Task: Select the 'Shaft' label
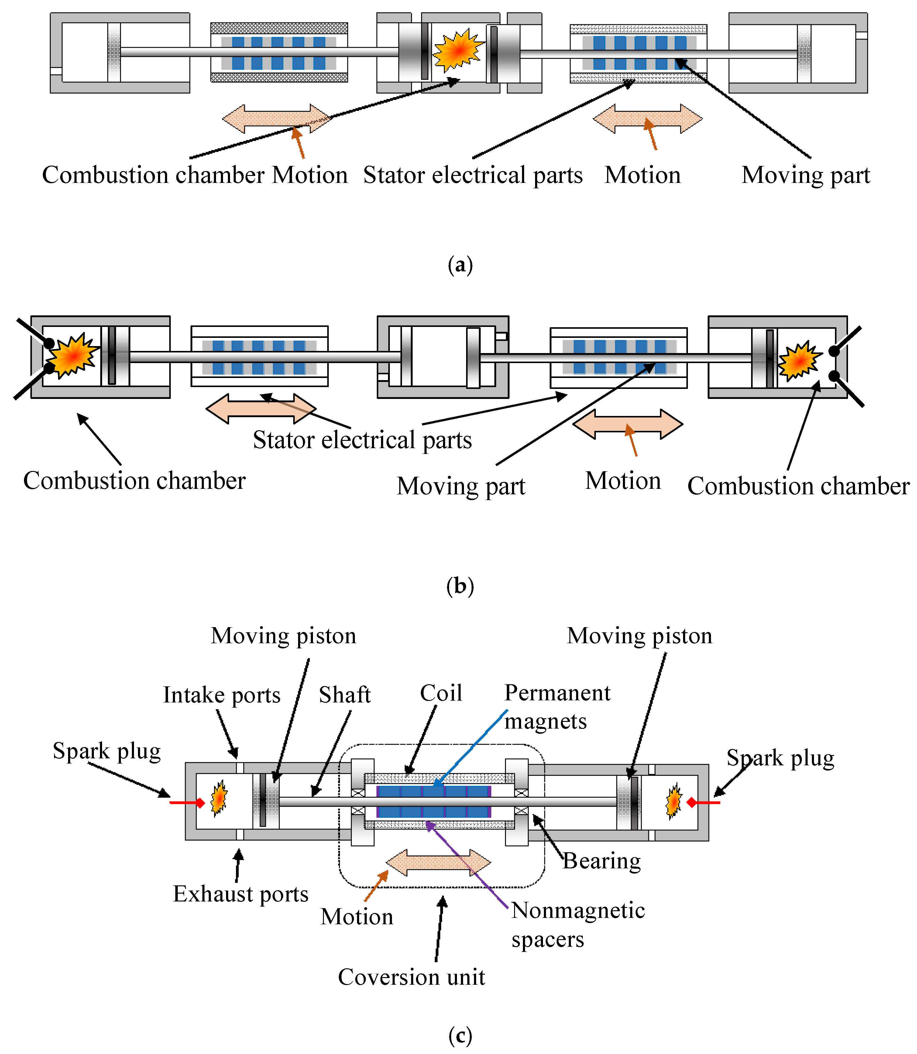[x=344, y=695]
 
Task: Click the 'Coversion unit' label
[x=411, y=977]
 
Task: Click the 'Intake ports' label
[x=222, y=695]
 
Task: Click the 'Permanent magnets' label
[x=557, y=707]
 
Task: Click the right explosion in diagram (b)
[x=799, y=361]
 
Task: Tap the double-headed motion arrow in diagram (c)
[x=438, y=863]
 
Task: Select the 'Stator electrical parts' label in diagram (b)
[x=362, y=440]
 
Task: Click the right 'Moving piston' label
[x=639, y=636]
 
